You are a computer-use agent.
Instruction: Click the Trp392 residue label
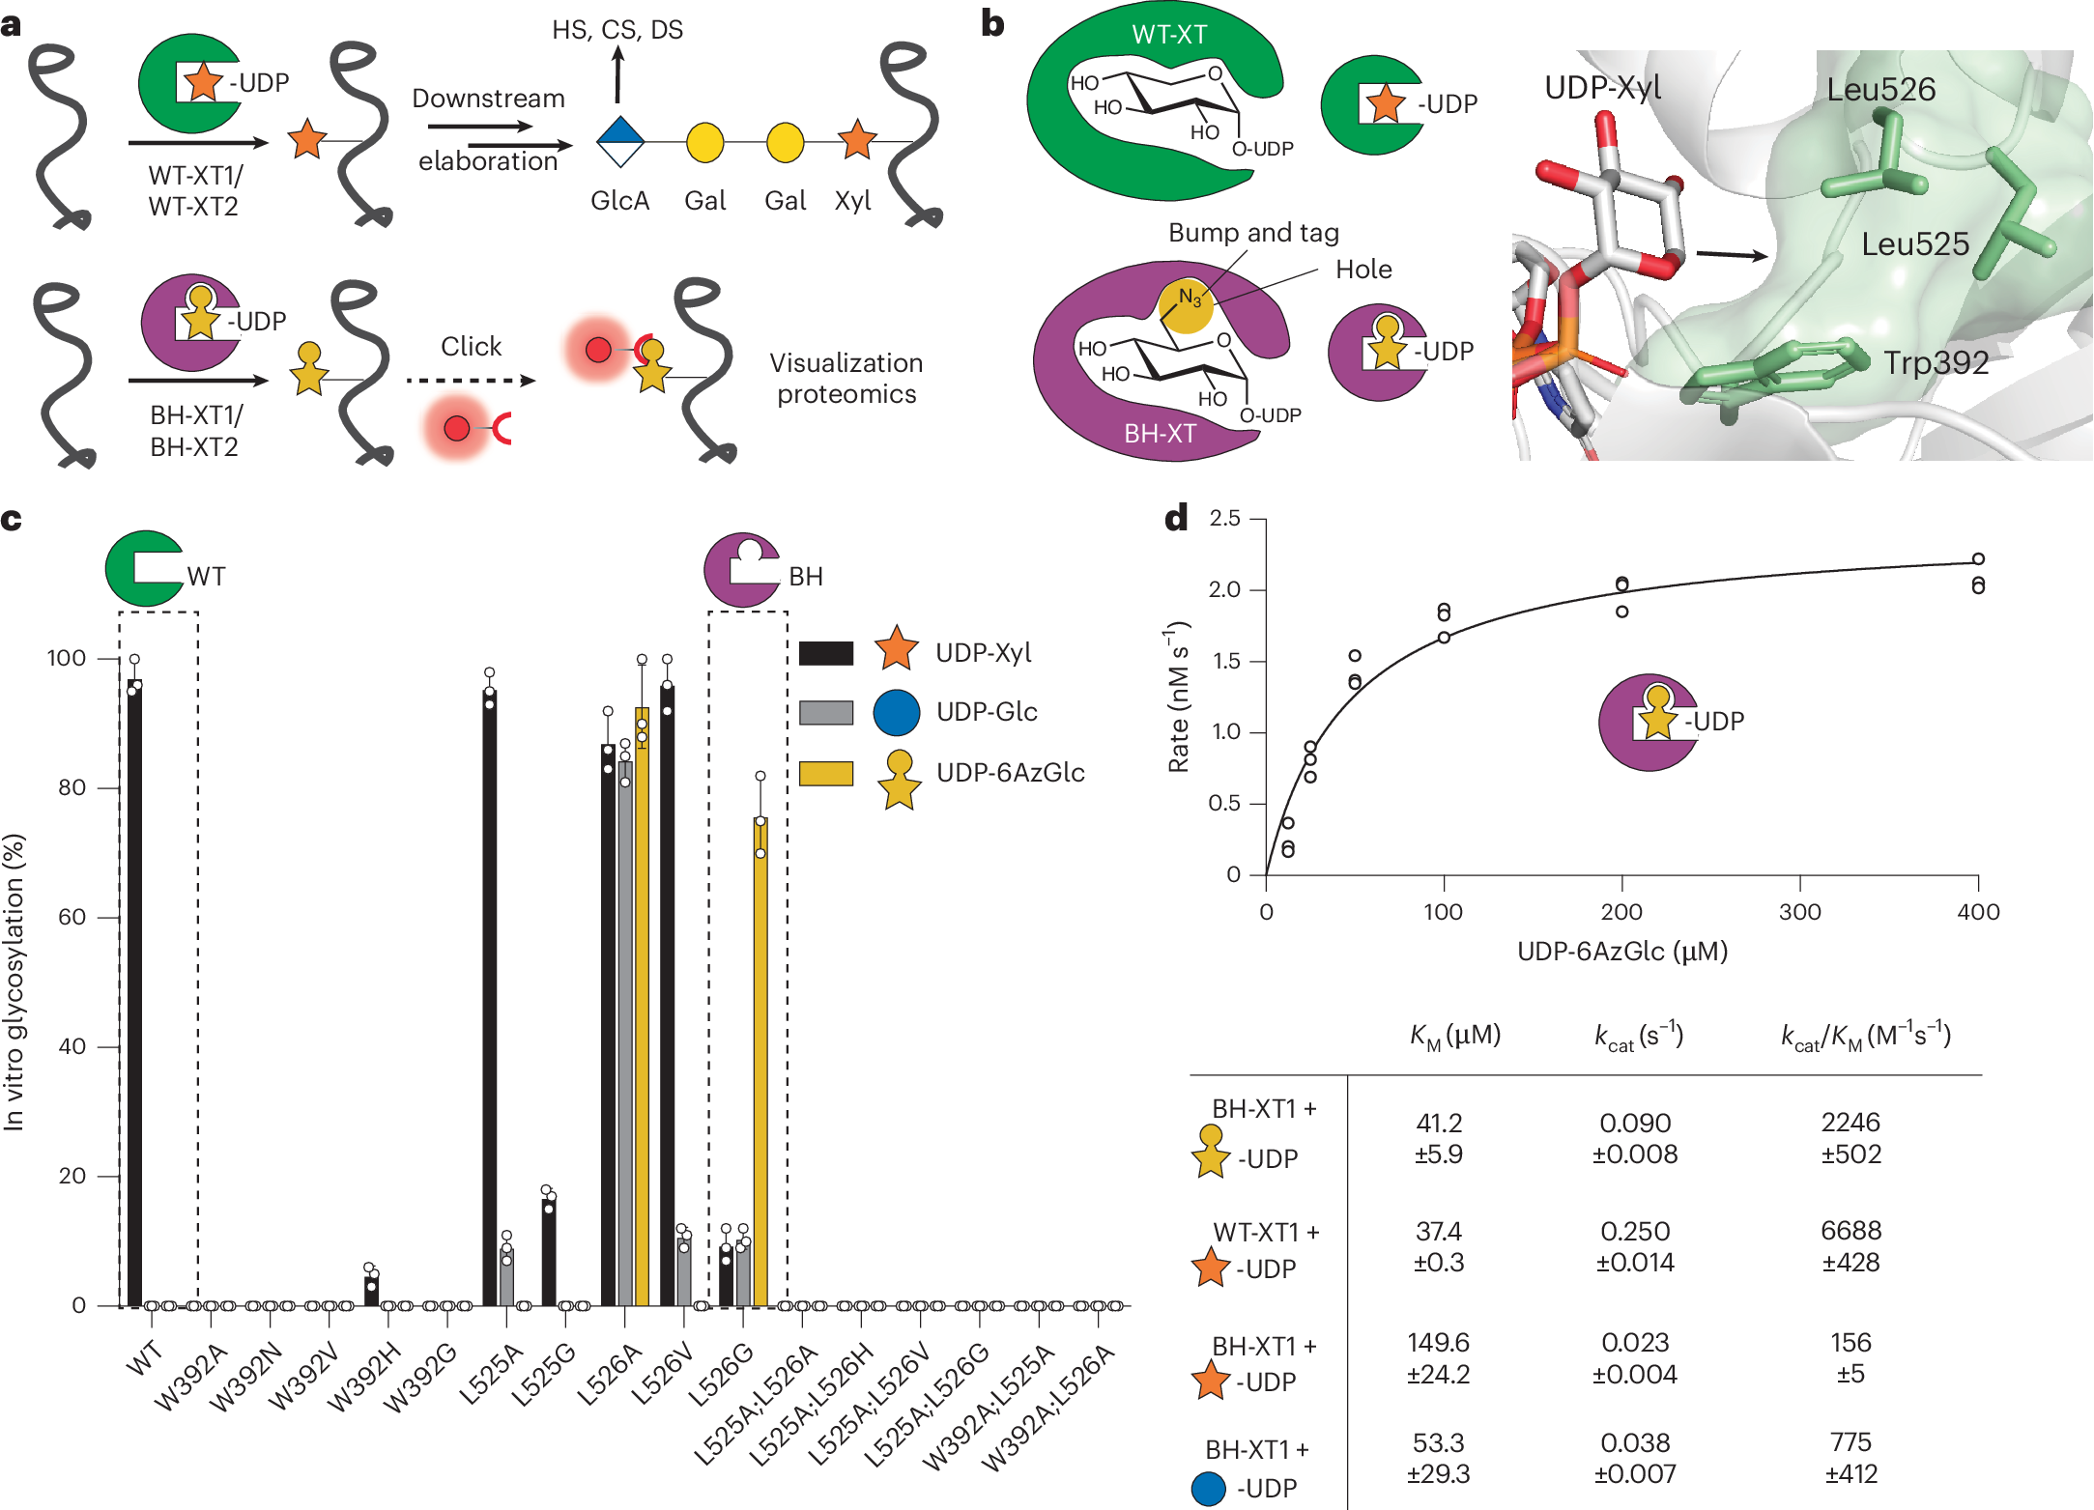[1936, 363]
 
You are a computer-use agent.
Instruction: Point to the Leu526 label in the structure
[1880, 90]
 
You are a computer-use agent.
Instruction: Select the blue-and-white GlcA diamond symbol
[620, 141]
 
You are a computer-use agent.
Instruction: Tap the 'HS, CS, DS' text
[617, 30]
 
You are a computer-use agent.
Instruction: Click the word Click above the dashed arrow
[471, 346]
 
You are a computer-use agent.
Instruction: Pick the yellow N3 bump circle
[1186, 304]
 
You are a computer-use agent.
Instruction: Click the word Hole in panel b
[1363, 270]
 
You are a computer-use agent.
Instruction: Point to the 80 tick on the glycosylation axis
[72, 787]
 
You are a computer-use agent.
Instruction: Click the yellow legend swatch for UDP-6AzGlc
[826, 773]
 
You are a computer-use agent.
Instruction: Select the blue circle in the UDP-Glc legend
[896, 712]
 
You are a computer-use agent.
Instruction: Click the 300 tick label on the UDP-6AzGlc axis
[1799, 912]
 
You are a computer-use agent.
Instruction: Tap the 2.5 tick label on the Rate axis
[1224, 519]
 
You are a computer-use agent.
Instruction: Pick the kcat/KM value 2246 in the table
[1850, 1123]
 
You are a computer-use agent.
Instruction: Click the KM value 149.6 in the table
[1438, 1343]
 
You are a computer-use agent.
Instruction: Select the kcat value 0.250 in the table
[1635, 1232]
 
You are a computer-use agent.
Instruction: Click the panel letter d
[1176, 520]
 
